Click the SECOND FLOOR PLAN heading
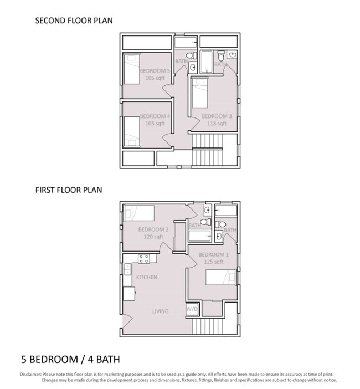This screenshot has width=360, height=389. pos(74,21)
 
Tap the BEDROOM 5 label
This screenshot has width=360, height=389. pos(155,71)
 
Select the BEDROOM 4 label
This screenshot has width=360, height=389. pos(155,116)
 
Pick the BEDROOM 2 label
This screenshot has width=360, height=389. pos(153,229)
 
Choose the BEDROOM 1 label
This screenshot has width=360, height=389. pos(214,254)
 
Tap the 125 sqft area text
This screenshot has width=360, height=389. pos(214,262)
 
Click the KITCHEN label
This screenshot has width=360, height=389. pos(147,277)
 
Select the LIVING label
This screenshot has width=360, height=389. pos(160,311)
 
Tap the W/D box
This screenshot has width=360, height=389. pos(192,309)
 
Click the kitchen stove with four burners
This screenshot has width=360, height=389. pos(144,258)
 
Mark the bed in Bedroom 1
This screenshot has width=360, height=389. pos(221,278)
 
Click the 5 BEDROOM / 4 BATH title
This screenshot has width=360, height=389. pos(70,359)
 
